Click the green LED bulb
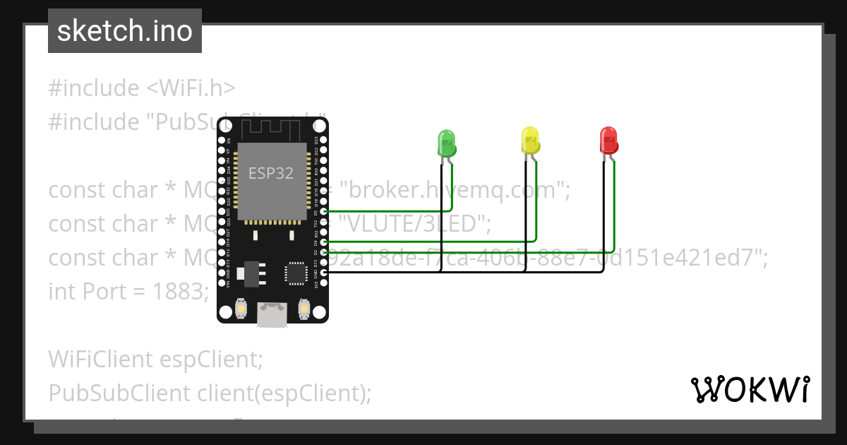(x=446, y=143)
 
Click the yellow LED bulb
(x=530, y=140)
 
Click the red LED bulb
(x=608, y=140)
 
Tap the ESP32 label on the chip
(x=271, y=173)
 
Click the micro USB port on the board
(x=272, y=315)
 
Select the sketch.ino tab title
(x=125, y=31)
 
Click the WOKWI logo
(x=750, y=389)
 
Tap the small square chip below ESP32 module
(x=295, y=273)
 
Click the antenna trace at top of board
(x=272, y=129)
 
